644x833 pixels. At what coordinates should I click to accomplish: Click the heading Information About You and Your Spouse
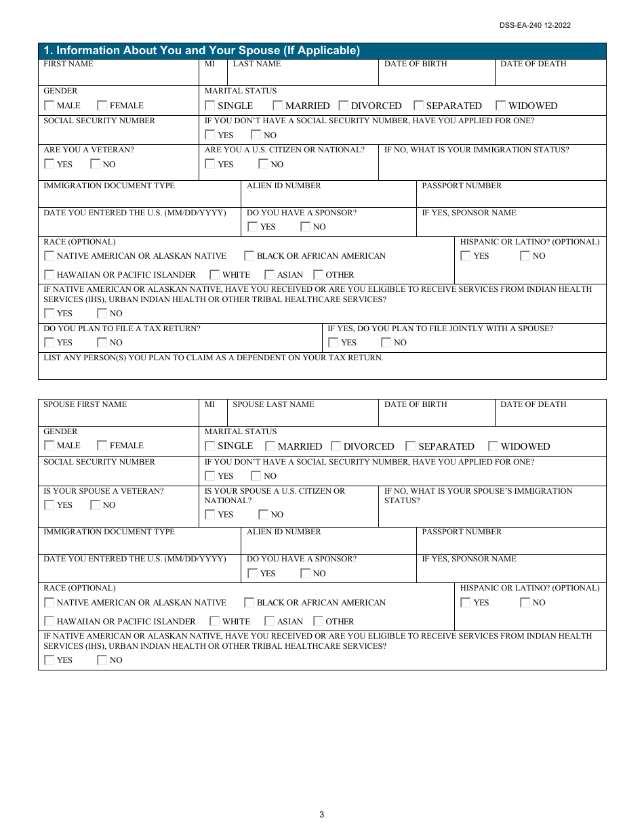click(201, 51)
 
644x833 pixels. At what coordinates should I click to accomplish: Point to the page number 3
click(322, 815)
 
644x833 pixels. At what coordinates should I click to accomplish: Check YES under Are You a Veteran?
click(49, 164)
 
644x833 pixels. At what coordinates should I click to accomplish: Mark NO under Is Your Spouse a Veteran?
click(96, 505)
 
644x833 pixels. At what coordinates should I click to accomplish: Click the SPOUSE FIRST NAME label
click(85, 404)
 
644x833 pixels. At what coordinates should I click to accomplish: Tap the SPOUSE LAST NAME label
click(273, 404)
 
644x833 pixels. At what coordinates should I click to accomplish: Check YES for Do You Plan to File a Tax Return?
click(49, 343)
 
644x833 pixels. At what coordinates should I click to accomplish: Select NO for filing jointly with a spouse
click(386, 343)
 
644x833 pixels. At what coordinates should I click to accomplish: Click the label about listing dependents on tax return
click(214, 358)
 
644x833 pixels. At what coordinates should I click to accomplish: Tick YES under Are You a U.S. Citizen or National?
click(210, 164)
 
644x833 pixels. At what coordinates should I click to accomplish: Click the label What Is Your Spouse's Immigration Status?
click(478, 496)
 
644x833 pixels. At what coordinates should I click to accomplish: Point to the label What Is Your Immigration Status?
click(477, 150)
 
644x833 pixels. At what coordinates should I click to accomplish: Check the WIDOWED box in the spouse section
click(493, 446)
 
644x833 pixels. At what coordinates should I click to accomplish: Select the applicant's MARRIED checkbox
click(278, 106)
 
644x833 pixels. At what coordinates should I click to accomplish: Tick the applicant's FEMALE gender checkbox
click(102, 106)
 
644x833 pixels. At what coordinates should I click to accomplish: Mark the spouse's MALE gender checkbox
click(49, 446)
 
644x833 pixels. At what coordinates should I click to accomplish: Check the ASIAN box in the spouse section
click(270, 621)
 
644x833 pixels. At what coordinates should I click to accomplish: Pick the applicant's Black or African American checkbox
click(249, 256)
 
